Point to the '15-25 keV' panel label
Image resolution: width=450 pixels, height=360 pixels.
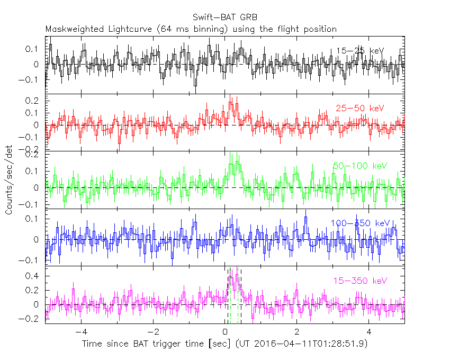pos(360,51)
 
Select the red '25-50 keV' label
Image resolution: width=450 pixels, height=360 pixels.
pos(359,109)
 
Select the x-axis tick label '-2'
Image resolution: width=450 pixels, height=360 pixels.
pos(152,332)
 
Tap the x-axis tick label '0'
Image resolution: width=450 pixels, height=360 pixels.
pos(225,332)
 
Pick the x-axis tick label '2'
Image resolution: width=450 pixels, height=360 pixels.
pos(297,332)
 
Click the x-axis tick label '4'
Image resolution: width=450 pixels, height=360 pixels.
pos(370,332)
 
